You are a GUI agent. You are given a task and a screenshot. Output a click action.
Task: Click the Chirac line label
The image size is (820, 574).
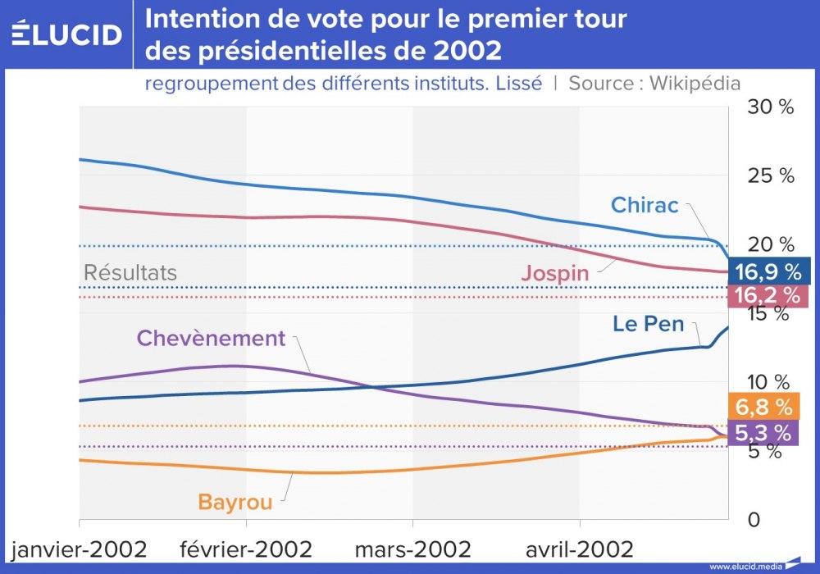645,204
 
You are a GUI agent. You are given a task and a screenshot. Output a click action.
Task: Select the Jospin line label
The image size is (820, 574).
555,273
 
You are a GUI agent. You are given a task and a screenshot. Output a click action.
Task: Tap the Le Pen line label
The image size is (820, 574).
648,324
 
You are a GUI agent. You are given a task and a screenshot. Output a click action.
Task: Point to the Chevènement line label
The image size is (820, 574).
211,338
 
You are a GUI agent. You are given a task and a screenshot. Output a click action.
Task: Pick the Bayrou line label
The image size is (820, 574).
235,502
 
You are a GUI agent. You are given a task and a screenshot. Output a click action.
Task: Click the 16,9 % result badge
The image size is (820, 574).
768,271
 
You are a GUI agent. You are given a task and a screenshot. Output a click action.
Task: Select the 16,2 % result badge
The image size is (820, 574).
768,295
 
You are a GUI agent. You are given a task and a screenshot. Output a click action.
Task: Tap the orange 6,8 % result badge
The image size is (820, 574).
763,406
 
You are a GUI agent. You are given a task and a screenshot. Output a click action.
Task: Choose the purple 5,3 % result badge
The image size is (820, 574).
763,432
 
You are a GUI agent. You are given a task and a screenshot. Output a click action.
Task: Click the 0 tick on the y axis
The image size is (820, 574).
754,520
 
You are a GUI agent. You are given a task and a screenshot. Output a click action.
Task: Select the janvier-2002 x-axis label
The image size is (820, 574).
80,548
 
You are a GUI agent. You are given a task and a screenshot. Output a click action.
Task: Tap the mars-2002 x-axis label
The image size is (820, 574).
412,548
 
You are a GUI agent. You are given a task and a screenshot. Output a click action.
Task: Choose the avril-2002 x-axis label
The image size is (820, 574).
580,548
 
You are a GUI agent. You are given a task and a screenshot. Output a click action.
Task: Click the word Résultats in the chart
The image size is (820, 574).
130,273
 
